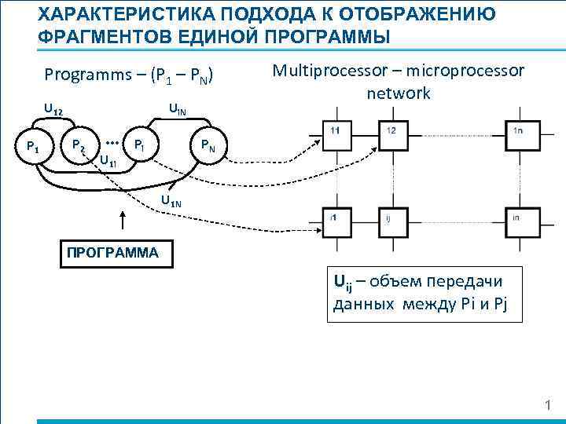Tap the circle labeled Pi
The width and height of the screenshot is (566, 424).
[x=139, y=144]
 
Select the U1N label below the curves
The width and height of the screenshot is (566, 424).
[x=171, y=203]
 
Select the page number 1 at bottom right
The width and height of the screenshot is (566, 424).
[x=549, y=404]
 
